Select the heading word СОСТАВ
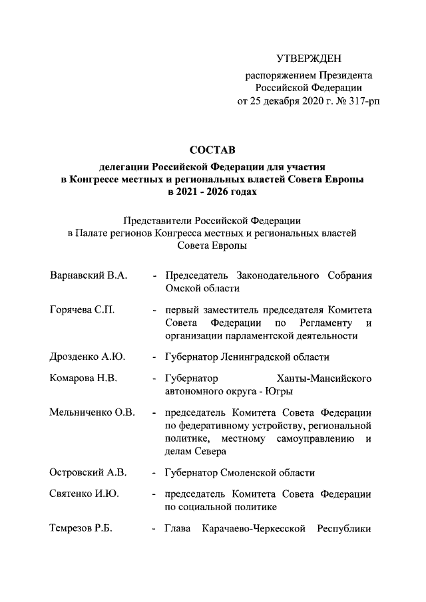[x=212, y=151]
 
